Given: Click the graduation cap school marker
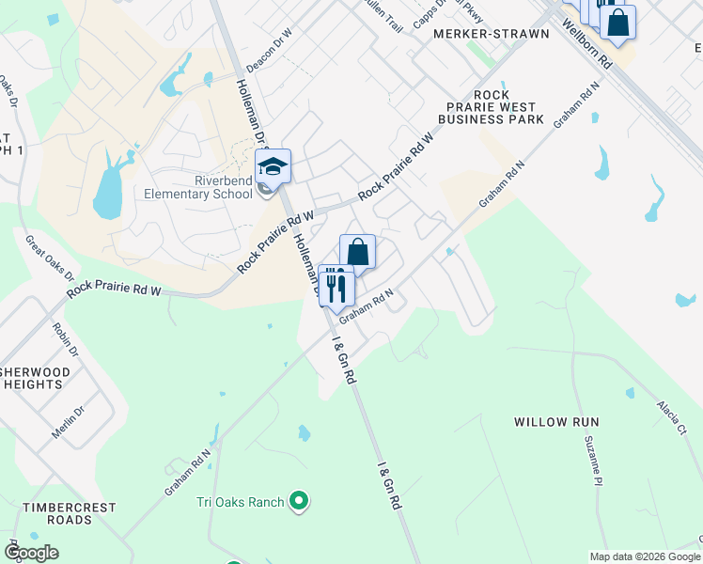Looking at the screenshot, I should (273, 167).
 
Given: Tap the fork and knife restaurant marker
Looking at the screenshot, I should (336, 286).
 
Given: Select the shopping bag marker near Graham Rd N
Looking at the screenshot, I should (357, 253).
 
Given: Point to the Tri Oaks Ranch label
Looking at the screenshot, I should (240, 502).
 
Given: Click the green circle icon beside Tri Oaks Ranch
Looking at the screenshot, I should (299, 501).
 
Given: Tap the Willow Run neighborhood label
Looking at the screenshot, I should (556, 422).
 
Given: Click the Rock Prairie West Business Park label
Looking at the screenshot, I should (491, 107).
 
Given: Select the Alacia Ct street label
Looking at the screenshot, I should (673, 415).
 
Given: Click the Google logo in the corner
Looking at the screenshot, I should (31, 553).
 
